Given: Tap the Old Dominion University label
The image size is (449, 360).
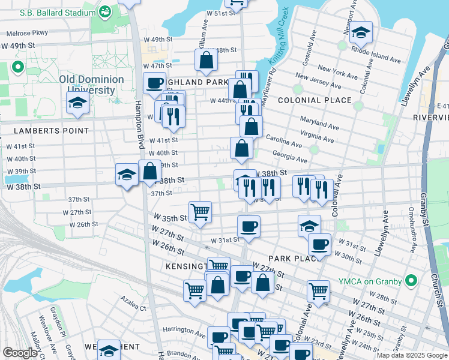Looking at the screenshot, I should [91, 85].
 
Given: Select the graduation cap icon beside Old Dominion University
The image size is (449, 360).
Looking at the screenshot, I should [78, 103].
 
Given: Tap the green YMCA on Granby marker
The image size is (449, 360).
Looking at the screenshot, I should [411, 280].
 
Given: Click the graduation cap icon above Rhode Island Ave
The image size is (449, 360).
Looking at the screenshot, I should [361, 32].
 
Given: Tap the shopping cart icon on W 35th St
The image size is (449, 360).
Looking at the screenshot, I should [200, 212].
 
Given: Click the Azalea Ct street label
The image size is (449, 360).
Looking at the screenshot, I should [133, 307].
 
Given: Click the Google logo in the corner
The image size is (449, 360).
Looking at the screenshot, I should [20, 353].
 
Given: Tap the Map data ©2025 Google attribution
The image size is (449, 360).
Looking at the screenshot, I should [412, 355].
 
